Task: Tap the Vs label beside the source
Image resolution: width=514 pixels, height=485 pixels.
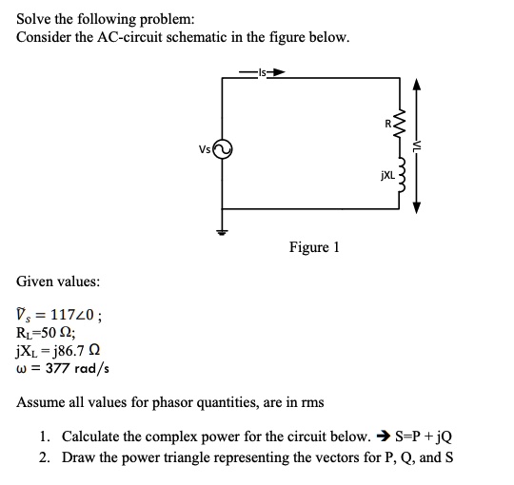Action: point(204,148)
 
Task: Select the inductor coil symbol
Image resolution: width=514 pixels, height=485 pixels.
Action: point(400,175)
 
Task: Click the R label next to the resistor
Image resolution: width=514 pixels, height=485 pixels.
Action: point(387,124)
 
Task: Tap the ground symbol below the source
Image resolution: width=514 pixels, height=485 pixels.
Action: point(222,231)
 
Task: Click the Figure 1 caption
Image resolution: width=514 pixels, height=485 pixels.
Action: point(314,248)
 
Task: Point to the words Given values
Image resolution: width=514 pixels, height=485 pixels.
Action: point(57,281)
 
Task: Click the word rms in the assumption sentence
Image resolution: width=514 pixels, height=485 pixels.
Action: point(312,402)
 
